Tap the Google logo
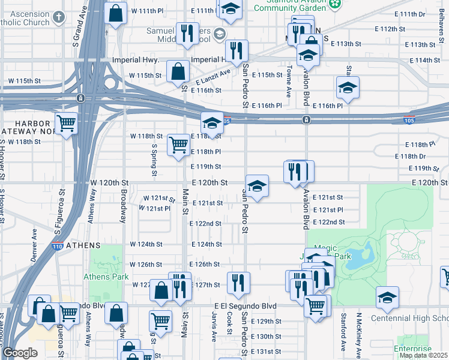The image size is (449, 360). pos(20,353)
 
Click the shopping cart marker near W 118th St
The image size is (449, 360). pos(178,144)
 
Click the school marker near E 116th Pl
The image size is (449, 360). pos(347,88)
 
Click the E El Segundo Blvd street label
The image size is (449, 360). pos(249,306)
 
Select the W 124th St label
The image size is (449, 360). pos(146,245)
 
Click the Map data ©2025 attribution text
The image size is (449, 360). pos(423,355)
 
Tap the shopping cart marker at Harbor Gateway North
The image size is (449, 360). pos(66,124)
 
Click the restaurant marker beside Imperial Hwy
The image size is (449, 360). pos(237,50)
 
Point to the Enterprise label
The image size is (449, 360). pos(412,349)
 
